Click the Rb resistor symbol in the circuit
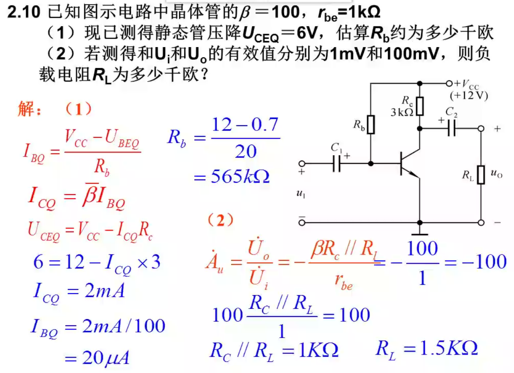(371, 124)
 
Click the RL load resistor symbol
(481, 175)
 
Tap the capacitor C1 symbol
(337, 163)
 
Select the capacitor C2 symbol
(451, 128)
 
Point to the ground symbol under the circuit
(420, 233)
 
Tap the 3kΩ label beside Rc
(401, 112)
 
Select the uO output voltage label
(496, 174)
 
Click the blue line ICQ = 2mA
(79, 292)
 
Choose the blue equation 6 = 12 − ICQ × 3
(97, 262)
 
